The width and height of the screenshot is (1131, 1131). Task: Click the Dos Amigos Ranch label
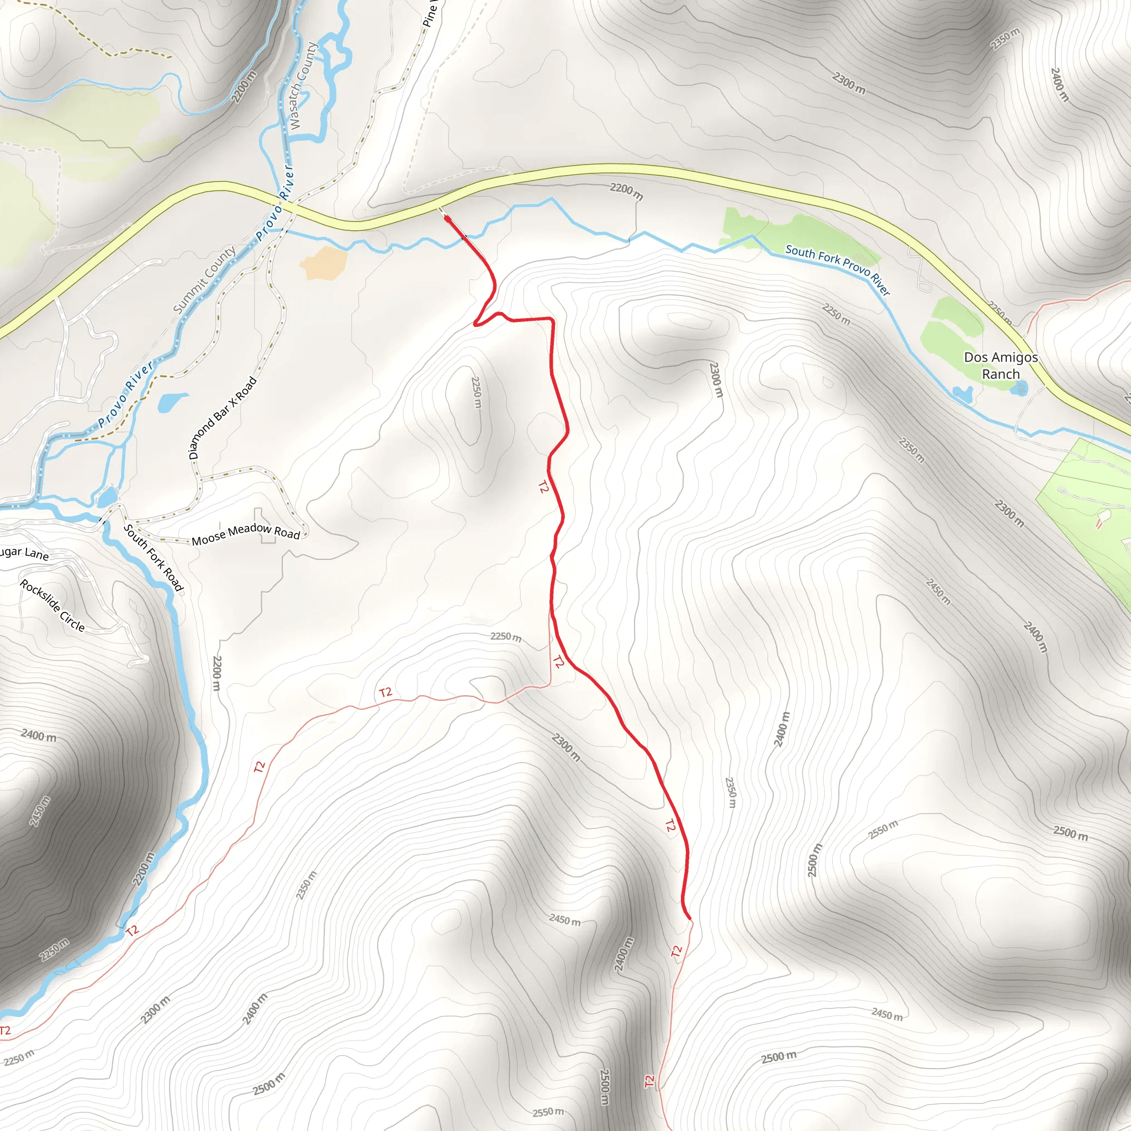point(1001,365)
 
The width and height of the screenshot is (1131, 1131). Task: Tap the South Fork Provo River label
point(837,269)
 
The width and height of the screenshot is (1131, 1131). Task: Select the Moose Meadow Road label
point(246,535)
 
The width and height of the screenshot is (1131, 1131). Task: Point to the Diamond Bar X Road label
point(223,417)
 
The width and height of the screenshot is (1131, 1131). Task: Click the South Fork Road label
point(154,557)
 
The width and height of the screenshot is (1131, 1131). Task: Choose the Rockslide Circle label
point(52,605)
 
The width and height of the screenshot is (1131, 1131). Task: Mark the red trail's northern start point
point(447,219)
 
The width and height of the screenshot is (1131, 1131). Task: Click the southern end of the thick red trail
point(690,918)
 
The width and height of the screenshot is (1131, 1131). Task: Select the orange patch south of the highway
point(324,263)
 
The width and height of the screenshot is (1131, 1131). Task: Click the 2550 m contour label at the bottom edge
point(548,1112)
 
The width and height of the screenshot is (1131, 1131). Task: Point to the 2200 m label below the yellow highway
point(626,191)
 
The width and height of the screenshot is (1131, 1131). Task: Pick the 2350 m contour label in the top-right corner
point(1005,39)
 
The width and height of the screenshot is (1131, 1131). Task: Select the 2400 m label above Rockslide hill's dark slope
point(39,735)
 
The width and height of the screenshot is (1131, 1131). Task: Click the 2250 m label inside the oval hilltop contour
point(477,392)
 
